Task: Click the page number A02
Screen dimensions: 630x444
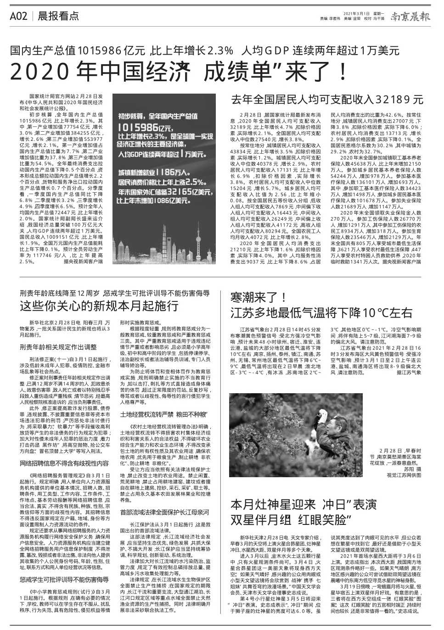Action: click(x=19, y=16)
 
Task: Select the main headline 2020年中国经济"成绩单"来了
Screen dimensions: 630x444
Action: click(x=179, y=72)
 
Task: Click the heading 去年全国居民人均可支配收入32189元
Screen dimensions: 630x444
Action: click(x=326, y=100)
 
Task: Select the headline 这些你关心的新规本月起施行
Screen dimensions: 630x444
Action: click(x=99, y=306)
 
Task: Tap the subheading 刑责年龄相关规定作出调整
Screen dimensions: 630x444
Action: click(x=58, y=347)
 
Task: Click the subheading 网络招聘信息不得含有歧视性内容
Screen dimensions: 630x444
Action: click(x=65, y=463)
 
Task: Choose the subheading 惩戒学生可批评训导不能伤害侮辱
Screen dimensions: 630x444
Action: click(x=65, y=580)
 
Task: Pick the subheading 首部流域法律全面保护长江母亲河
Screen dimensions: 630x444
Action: click(x=164, y=512)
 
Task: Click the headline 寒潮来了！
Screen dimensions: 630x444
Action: click(x=259, y=297)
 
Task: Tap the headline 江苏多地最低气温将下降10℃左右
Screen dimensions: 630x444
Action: click(x=321, y=313)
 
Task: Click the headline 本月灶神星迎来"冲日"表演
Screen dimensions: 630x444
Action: click(x=303, y=505)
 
